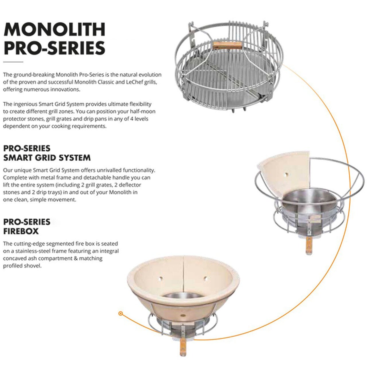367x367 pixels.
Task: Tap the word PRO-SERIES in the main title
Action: [54, 48]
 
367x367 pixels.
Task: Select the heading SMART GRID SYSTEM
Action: [47, 158]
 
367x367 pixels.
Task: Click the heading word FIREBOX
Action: [21, 231]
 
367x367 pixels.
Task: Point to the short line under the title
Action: [13, 62]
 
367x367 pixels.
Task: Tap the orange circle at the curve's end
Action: [121, 314]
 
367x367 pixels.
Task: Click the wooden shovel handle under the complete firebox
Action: [183, 347]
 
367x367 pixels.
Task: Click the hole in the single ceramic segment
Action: [285, 174]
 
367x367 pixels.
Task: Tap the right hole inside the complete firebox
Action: [205, 278]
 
